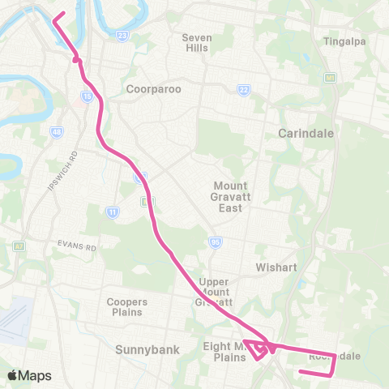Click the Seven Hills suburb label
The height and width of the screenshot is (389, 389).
pos(196,42)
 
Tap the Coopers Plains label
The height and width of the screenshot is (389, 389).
pos(125,306)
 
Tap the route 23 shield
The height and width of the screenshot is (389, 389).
pos(122,36)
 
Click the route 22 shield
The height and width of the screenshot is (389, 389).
pos(242,89)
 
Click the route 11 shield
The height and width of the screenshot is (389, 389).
pos(112,212)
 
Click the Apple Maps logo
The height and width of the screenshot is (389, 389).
pos(29,375)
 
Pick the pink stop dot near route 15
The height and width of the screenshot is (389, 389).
pos(75,59)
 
